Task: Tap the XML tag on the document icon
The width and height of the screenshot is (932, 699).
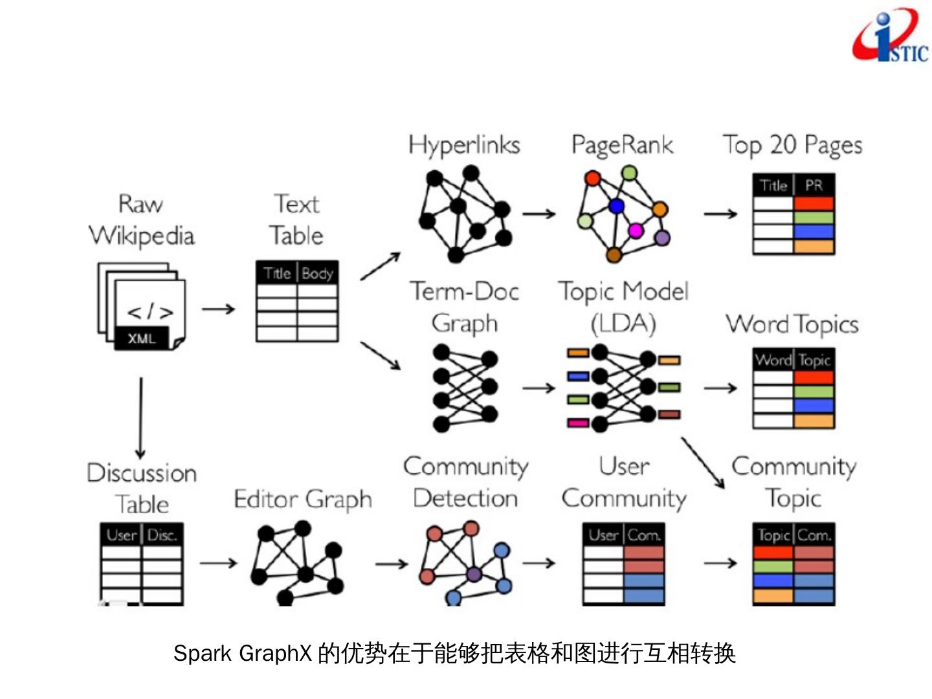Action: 141,338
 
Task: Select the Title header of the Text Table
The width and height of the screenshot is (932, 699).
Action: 276,273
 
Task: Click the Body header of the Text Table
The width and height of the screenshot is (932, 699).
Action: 317,273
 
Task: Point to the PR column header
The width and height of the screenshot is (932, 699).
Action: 814,186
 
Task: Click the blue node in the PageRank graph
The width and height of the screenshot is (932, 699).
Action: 616,206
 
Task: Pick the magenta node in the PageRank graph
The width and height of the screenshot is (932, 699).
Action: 636,230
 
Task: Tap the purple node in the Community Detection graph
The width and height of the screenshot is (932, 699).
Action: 474,574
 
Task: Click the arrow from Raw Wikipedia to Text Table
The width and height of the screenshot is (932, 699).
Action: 218,309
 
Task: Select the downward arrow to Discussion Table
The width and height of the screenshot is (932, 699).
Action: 140,417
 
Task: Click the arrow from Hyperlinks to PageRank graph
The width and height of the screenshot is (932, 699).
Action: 538,214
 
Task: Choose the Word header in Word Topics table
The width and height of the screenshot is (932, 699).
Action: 773,360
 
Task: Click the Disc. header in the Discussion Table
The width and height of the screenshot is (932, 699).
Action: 162,535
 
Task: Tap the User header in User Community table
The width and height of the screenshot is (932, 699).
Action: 603,535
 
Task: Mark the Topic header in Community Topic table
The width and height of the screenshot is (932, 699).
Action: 773,535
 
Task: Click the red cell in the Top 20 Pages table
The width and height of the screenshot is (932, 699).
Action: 814,203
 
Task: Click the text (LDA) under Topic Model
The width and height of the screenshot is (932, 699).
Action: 623,323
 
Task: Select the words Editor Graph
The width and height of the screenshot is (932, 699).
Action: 303,500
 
